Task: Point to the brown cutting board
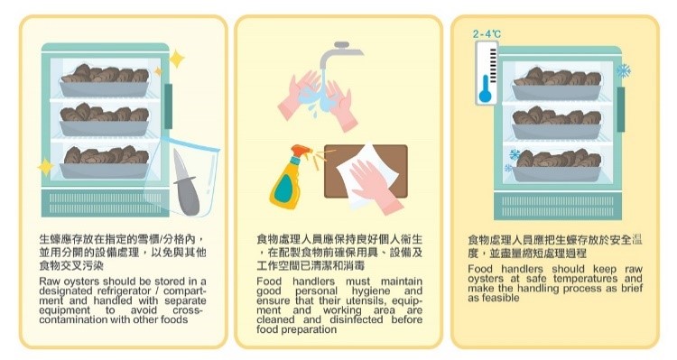365,171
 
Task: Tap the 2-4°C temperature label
487,34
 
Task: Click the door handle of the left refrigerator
169,106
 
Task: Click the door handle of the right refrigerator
620,109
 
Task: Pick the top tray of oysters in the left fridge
104,81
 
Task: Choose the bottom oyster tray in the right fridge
557,166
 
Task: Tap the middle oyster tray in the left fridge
104,120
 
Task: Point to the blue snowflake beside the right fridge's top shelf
624,70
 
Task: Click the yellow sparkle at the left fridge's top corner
177,59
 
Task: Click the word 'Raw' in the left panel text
50,282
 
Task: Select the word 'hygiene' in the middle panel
370,291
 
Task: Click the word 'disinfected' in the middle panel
357,319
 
